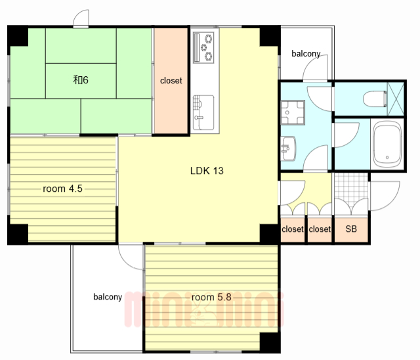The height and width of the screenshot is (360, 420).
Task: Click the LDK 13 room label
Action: [207, 171]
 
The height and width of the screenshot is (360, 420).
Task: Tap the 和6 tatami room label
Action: [81, 80]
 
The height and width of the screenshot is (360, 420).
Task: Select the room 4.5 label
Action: [62, 189]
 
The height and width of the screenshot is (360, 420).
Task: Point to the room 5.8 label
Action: [211, 297]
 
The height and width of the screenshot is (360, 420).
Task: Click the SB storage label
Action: [351, 229]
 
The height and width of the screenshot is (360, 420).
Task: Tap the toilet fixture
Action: [375, 99]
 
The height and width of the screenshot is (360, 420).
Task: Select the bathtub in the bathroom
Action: [387, 145]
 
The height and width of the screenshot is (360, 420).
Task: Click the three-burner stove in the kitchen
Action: [203, 48]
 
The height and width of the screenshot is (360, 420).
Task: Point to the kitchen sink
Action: [203, 112]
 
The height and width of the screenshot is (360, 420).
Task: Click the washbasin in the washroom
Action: [288, 148]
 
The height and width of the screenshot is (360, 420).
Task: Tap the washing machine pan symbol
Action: [293, 112]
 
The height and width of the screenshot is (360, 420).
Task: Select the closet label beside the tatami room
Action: [171, 80]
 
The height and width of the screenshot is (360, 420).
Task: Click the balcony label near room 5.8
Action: [108, 297]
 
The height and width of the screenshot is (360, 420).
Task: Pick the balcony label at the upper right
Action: [306, 54]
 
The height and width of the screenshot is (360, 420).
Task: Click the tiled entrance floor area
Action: [351, 189]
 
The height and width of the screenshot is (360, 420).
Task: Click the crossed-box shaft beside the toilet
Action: [396, 99]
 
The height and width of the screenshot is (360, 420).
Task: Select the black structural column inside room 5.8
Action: [270, 342]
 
